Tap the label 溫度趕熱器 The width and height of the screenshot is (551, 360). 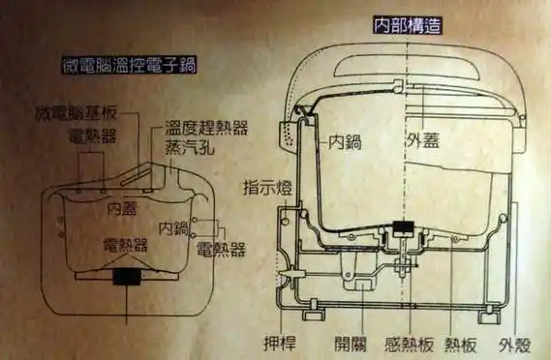point(206,127)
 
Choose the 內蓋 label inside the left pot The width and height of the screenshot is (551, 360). point(124,207)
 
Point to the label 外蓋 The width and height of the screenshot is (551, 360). point(423,140)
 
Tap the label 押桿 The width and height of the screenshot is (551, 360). point(275,343)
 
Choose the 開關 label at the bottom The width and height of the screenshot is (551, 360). point(350,343)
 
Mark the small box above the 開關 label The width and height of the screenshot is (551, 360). point(362,285)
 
